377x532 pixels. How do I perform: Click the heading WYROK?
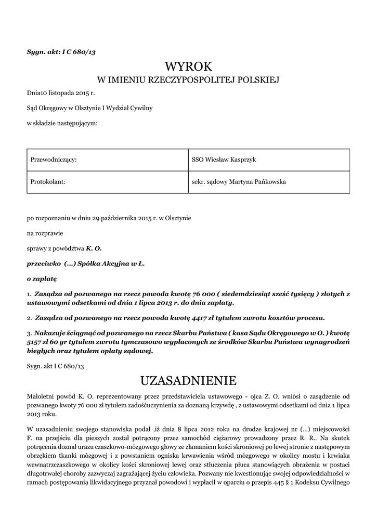[188, 66]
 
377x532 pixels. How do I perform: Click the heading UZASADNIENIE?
[188, 381]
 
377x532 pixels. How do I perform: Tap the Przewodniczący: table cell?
[108, 159]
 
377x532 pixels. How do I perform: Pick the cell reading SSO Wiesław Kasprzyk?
[268, 159]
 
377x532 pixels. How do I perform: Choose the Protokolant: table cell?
[108, 182]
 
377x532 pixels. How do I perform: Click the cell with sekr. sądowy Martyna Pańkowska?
[268, 182]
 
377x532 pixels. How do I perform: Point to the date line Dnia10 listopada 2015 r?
[61, 94]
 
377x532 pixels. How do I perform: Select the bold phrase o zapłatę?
[41, 279]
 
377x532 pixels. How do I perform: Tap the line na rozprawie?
[45, 234]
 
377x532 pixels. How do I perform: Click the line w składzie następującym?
[62, 123]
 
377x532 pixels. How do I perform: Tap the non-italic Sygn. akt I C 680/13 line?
[55, 366]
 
